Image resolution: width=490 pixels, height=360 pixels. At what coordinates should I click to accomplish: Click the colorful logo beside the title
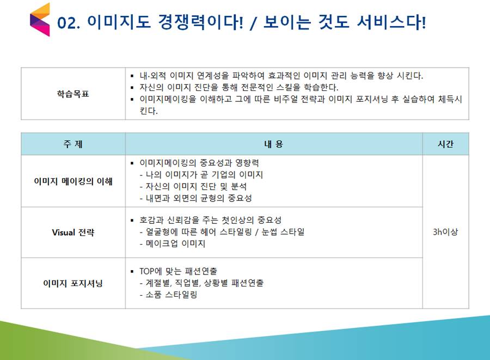point(40,20)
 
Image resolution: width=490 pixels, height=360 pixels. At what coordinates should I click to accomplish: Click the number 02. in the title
point(69,23)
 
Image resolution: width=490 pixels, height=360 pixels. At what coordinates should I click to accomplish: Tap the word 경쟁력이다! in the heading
point(200,22)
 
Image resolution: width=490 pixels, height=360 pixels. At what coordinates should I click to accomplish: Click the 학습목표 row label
point(73,94)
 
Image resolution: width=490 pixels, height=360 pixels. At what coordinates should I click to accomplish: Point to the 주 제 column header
point(73,144)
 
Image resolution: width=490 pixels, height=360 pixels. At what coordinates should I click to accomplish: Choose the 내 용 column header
point(274,144)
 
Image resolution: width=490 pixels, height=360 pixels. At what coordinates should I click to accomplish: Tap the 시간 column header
point(445,144)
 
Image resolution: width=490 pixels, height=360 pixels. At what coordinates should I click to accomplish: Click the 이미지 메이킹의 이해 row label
point(73,181)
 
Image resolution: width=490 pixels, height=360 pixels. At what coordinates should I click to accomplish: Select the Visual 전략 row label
point(73,233)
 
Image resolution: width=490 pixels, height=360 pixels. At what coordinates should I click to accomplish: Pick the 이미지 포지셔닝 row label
point(73,283)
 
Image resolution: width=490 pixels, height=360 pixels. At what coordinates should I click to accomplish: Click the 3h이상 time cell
point(445,232)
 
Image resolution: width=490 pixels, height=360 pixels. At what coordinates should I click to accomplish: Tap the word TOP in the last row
point(147,271)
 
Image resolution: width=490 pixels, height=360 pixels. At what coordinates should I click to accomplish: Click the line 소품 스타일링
point(168,295)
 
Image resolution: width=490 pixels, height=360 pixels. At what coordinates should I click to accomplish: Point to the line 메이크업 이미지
point(172,244)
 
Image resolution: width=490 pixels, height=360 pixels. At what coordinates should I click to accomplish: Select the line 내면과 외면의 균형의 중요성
point(195,198)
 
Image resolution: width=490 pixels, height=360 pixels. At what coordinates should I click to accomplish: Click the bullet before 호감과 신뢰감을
point(132,221)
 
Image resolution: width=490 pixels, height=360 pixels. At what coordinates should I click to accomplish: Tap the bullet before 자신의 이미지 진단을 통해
point(132,88)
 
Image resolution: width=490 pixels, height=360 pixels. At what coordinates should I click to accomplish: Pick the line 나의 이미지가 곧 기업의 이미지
point(201,175)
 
